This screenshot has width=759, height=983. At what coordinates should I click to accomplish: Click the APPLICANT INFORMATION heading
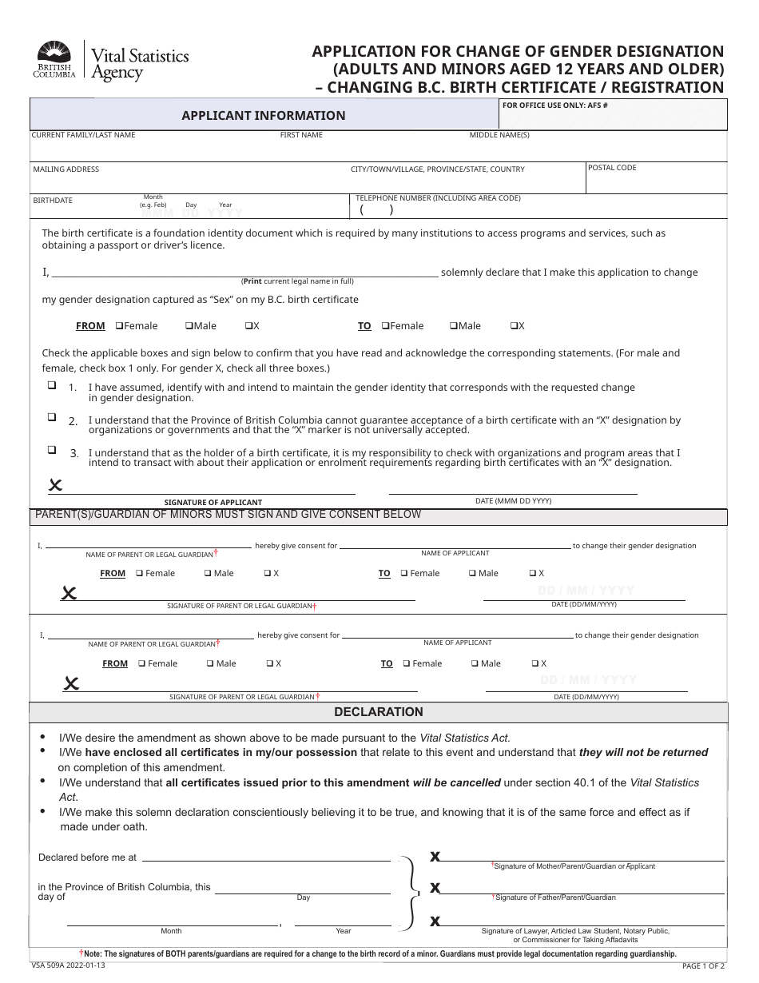tap(264, 116)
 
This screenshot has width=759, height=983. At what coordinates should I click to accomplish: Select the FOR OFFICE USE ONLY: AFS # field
tap(613, 118)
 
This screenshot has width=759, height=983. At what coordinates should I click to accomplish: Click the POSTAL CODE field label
tap(612, 168)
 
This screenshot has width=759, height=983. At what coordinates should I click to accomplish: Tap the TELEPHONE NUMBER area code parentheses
tap(376, 211)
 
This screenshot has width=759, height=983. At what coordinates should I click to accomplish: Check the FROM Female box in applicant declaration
tap(119, 326)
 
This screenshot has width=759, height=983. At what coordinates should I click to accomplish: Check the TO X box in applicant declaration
tap(514, 326)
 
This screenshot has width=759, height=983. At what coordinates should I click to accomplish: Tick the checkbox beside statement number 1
tap(52, 385)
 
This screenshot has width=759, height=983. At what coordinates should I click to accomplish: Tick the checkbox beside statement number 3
tap(52, 450)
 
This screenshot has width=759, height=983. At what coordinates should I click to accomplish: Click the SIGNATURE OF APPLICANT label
tap(213, 503)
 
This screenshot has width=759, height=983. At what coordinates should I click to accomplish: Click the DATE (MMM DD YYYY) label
tap(513, 501)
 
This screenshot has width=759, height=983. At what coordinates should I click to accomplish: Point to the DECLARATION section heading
tap(378, 712)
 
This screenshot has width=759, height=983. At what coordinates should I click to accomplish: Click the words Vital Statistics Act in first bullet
tap(464, 738)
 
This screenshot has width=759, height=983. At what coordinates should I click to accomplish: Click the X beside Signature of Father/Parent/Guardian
tap(435, 887)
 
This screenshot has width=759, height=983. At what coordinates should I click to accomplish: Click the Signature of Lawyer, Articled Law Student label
tap(575, 931)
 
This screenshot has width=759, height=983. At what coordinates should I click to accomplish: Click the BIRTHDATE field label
tap(53, 201)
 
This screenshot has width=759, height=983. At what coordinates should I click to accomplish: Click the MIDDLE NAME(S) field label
tap(499, 135)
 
